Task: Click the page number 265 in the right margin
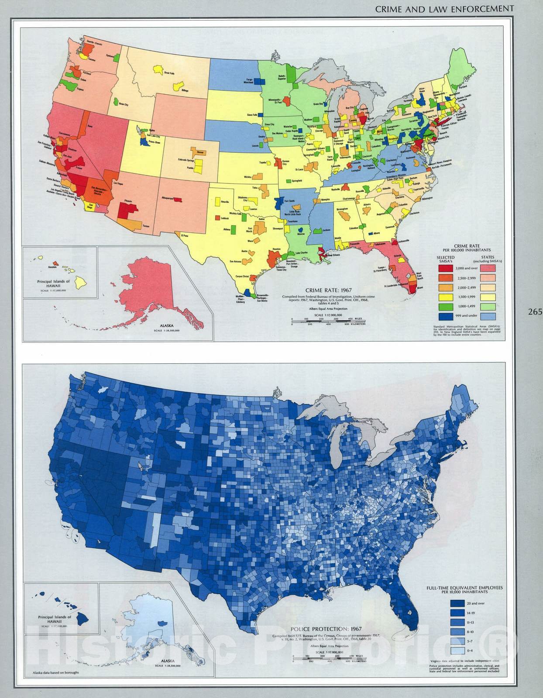click(x=534, y=312)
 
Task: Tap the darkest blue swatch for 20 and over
click(x=457, y=603)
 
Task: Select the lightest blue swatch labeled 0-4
click(x=457, y=651)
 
